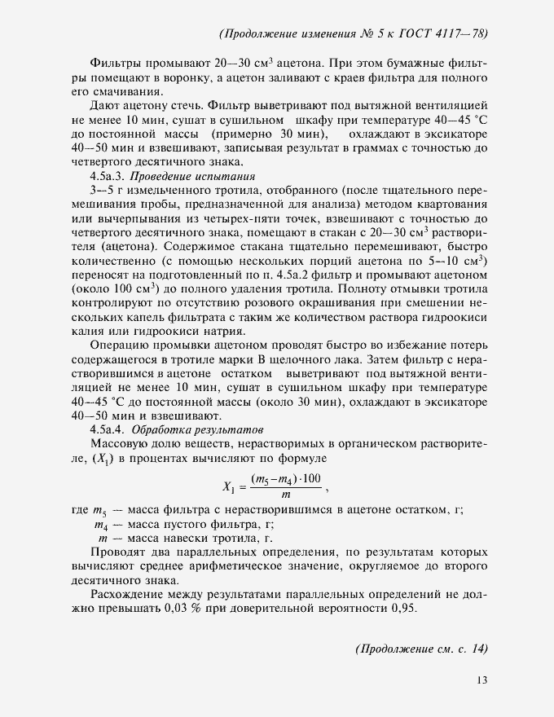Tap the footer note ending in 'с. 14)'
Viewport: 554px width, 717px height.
421,649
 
